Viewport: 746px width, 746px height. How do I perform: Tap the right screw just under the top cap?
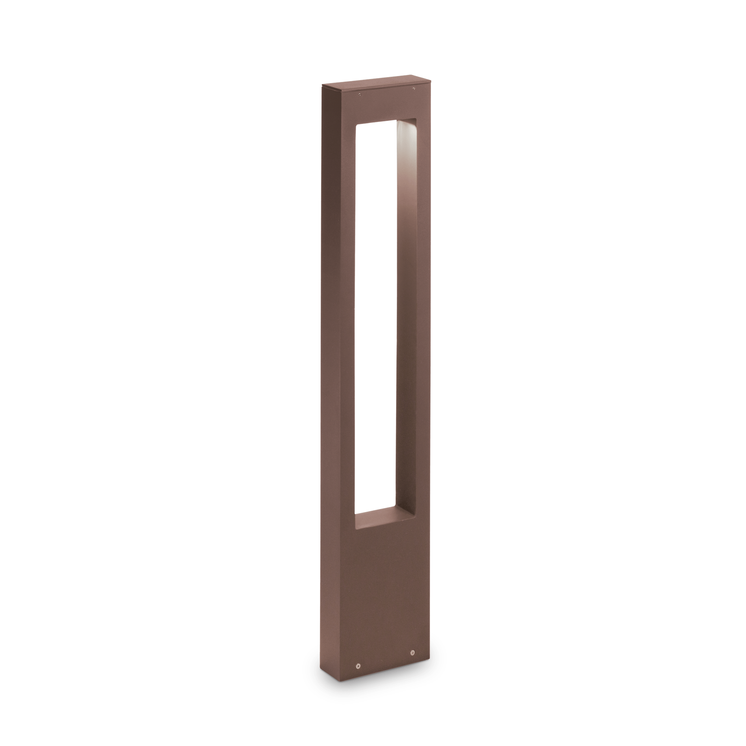click(x=414, y=89)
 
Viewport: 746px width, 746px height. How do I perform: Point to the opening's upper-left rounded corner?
click(x=358, y=127)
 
